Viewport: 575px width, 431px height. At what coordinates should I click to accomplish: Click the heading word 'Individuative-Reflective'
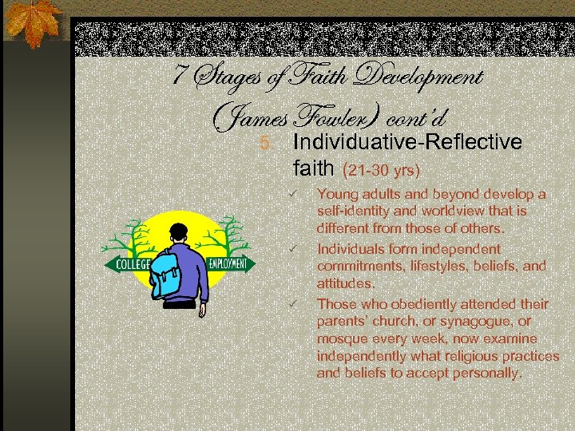pyautogui.click(x=407, y=142)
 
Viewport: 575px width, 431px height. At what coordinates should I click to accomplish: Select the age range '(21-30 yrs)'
pyautogui.click(x=382, y=170)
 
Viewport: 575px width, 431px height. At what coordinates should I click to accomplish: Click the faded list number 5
pyautogui.click(x=265, y=144)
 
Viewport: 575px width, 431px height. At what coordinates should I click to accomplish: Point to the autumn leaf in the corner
pyautogui.click(x=34, y=23)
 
